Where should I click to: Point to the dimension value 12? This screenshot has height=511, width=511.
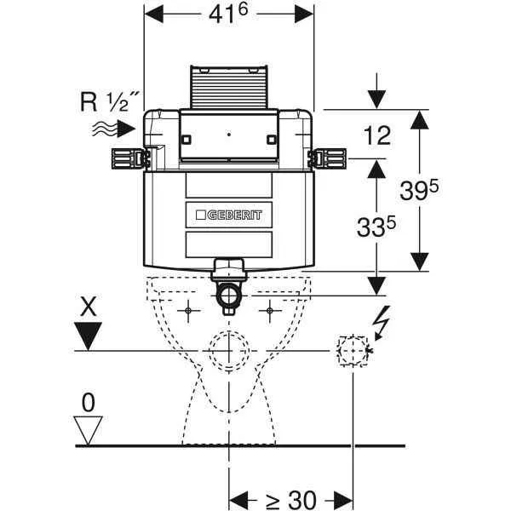click(376, 135)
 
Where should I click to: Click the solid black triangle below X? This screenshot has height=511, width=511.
click(88, 339)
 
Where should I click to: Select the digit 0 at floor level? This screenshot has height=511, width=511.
click(87, 399)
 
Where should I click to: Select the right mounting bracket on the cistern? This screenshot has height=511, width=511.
click(329, 157)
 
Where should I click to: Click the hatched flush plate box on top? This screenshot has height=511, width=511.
click(228, 86)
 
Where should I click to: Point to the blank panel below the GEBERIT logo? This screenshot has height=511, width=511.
click(230, 244)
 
